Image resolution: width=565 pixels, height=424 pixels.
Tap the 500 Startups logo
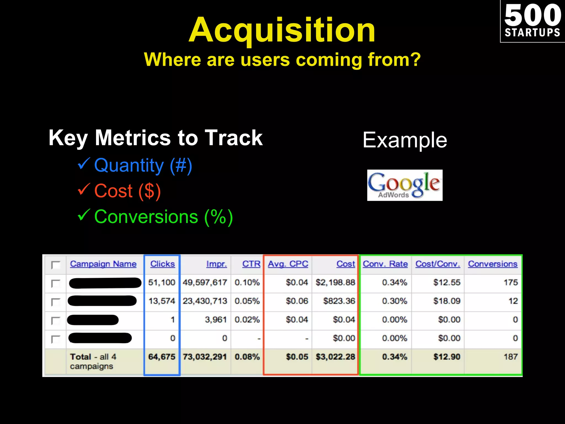coord(532,21)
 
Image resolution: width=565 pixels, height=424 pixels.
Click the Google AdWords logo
coord(405,185)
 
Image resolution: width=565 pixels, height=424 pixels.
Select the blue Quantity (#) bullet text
coord(143,165)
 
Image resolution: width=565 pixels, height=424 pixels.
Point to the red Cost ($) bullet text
coord(127,191)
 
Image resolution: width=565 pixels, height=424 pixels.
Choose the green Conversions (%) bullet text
coord(164,217)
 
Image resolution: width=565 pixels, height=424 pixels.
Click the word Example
coord(405,140)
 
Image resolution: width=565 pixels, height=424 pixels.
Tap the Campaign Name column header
coord(103,264)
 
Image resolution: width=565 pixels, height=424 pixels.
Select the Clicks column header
coord(162,264)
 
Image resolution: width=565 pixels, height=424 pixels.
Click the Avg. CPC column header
coord(288,264)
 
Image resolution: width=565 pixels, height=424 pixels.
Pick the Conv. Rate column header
coord(385,264)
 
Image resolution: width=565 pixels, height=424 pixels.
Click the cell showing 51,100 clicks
coord(162,282)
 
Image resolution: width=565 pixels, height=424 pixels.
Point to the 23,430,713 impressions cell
coord(205,301)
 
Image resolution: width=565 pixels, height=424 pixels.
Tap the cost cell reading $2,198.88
coord(335,282)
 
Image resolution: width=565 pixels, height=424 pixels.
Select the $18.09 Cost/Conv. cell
coord(447,301)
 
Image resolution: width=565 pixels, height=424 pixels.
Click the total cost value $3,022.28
coord(335,357)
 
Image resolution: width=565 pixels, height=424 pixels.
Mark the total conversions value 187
coord(511,357)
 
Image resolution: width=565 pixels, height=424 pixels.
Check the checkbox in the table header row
coord(56,265)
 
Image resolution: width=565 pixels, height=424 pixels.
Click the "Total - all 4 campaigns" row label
coord(93,361)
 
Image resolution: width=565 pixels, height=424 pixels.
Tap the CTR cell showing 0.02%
coord(247,320)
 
